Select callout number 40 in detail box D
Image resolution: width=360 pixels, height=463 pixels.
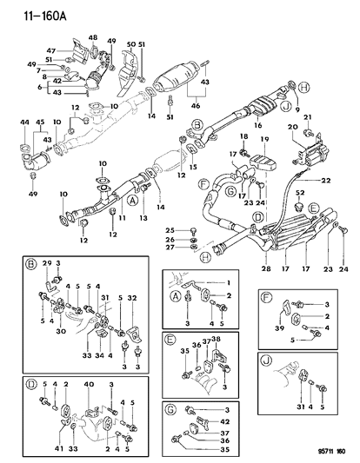pos(90,384)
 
